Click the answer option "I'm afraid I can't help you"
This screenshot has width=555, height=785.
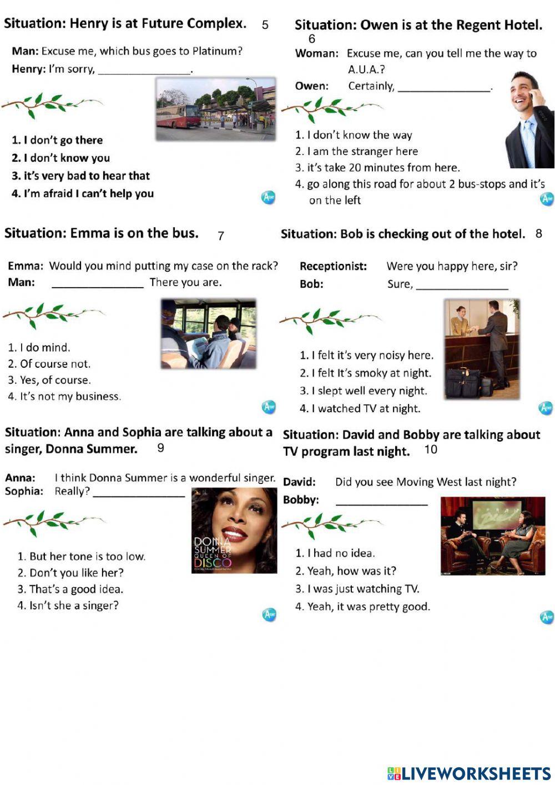83,194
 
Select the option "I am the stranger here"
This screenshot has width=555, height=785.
357,151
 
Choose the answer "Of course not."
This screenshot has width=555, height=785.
49,364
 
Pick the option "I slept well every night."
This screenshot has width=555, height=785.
364,391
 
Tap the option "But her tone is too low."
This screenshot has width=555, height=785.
82,557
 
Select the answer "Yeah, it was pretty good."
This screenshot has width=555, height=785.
362,607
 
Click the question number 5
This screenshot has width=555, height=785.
265,25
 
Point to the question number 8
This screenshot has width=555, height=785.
538,234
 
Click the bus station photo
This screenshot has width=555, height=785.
215,108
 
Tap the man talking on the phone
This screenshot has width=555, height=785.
529,119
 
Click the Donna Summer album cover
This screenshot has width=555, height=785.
234,531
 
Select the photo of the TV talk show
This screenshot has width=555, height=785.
492,536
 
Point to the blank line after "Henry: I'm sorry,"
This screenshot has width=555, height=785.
144,71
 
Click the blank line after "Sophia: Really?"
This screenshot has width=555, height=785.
139,493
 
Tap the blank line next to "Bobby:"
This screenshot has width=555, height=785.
382,502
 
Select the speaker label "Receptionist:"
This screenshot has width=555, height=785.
333,267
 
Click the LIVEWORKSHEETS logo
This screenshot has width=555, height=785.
469,773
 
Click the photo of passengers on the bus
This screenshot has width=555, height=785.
209,334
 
